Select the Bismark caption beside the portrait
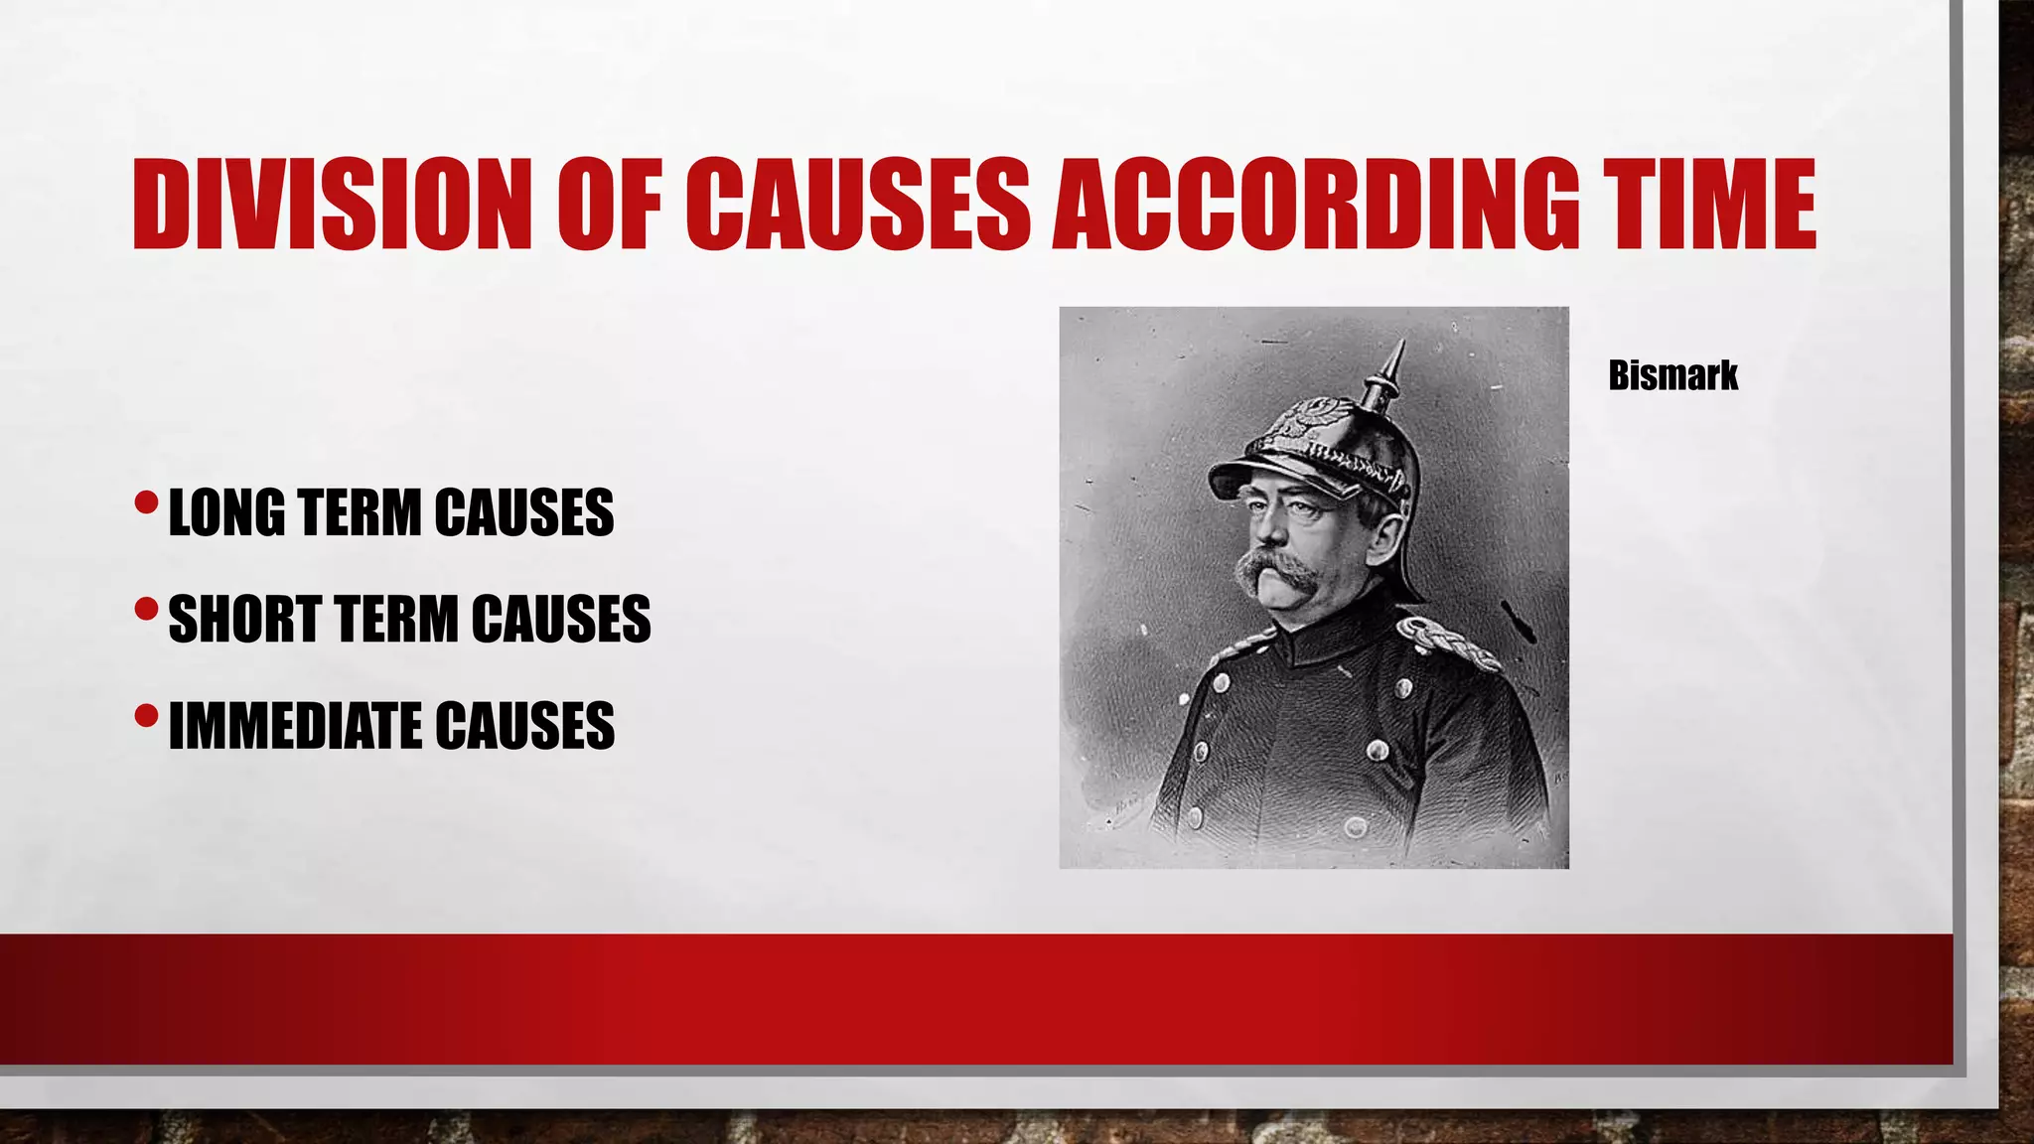tap(1672, 375)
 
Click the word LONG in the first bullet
tap(225, 513)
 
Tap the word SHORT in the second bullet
tap(243, 620)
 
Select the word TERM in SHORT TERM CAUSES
tap(401, 620)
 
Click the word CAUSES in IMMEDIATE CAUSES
tap(524, 726)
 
